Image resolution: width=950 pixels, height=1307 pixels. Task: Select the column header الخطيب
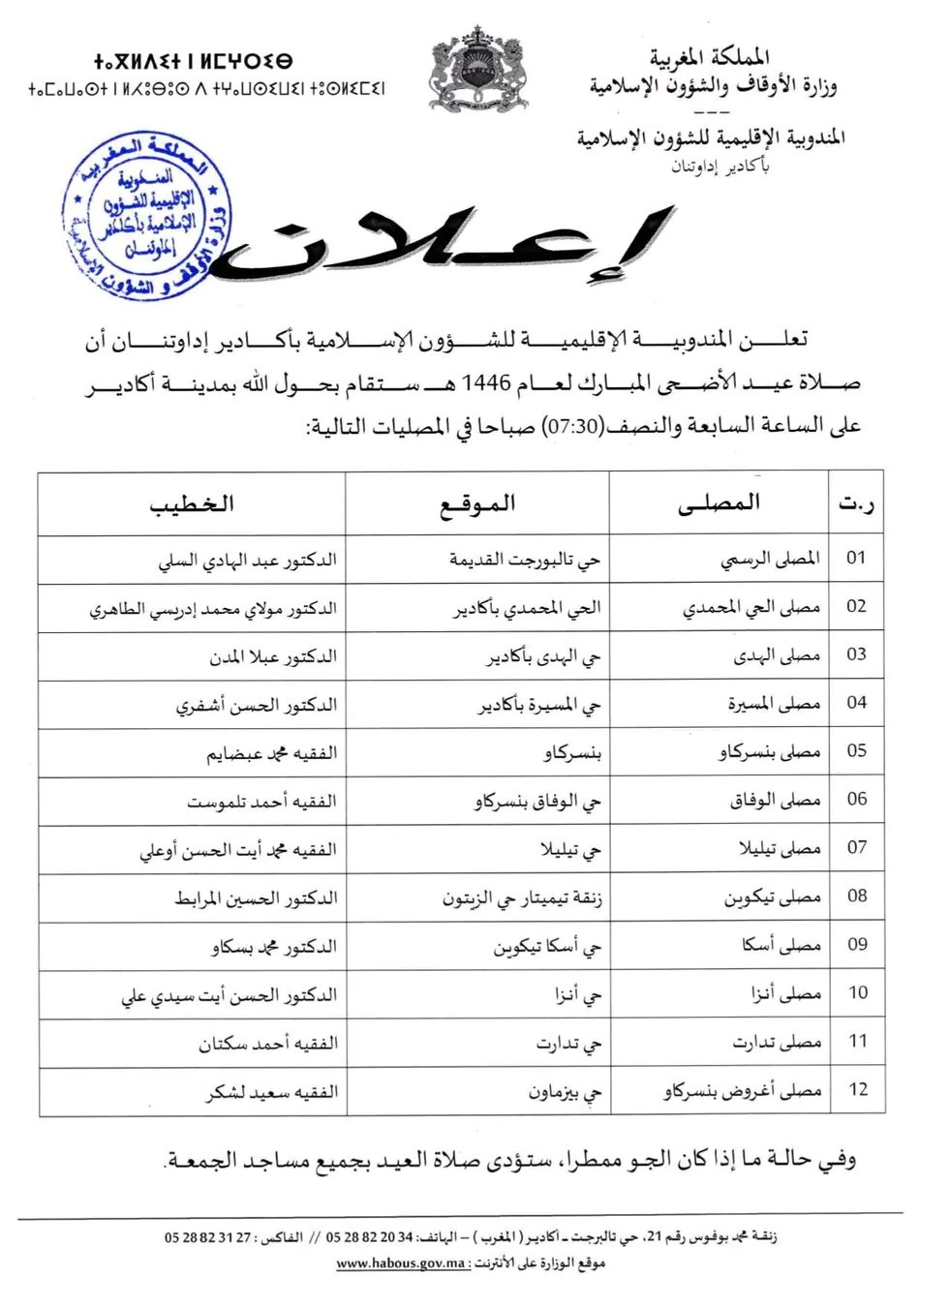click(x=192, y=504)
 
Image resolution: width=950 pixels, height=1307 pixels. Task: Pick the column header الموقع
click(x=477, y=504)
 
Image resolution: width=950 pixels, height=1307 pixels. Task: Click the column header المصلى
click(x=719, y=502)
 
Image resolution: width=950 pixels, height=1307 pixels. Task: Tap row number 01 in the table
click(x=856, y=558)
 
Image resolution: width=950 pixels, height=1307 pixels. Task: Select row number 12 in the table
click(x=858, y=1089)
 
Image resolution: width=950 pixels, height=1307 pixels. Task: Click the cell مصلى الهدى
click(x=777, y=655)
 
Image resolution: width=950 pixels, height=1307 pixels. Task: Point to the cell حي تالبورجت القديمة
click(x=525, y=560)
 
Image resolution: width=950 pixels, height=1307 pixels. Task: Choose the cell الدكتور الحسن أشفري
click(x=257, y=705)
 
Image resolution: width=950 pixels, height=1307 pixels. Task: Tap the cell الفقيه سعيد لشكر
click(x=272, y=1092)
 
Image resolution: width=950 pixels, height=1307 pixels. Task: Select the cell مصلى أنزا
click(x=785, y=994)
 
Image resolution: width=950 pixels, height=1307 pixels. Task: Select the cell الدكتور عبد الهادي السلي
click(x=248, y=561)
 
